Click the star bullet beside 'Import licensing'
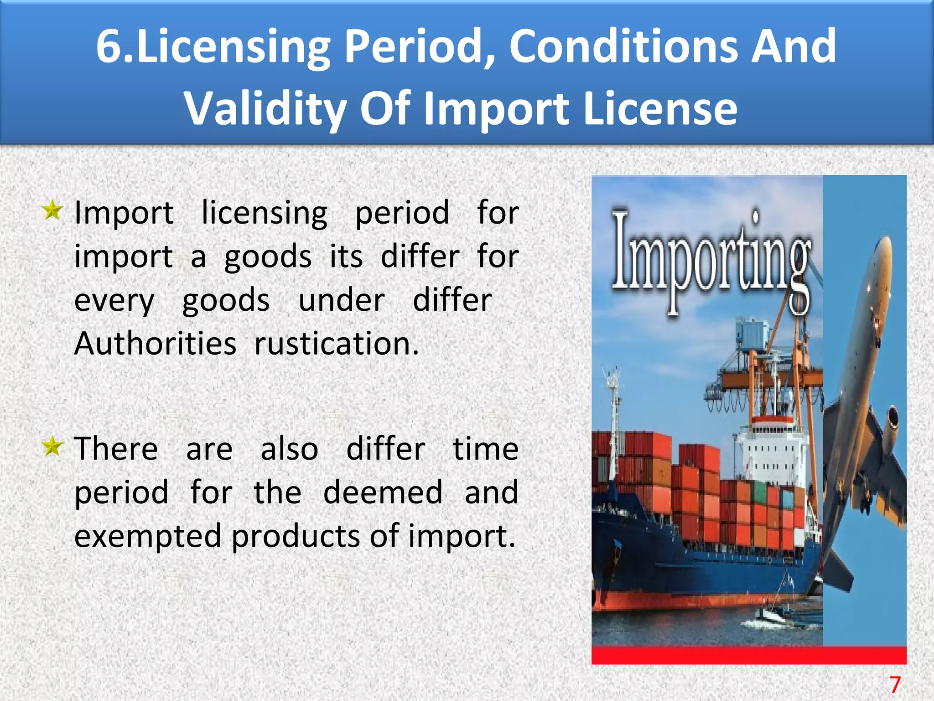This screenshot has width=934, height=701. pyautogui.click(x=52, y=211)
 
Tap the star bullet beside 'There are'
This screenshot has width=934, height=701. pyautogui.click(x=52, y=446)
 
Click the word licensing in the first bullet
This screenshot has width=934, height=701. pyautogui.click(x=265, y=213)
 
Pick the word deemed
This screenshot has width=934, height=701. pyautogui.click(x=383, y=492)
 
